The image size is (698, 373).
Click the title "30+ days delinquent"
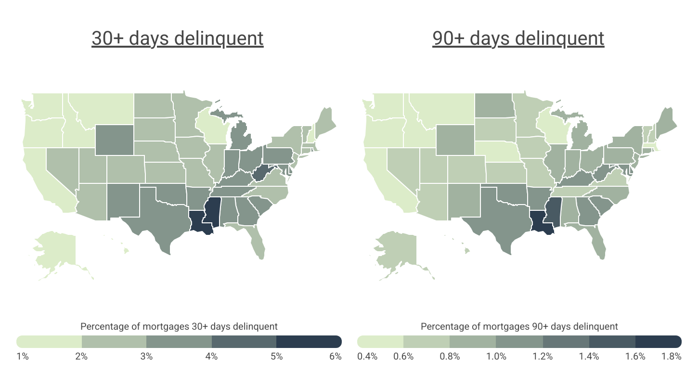point(177,39)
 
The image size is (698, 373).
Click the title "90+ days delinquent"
point(518,39)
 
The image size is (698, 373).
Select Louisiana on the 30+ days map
point(198,222)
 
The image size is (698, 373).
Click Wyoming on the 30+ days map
point(114,140)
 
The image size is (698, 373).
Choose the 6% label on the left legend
point(336,357)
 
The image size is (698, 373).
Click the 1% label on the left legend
point(23,357)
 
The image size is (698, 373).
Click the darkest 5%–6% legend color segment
point(309,342)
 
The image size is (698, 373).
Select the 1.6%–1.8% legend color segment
point(659,342)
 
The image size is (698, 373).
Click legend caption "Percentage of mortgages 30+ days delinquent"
point(179,326)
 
